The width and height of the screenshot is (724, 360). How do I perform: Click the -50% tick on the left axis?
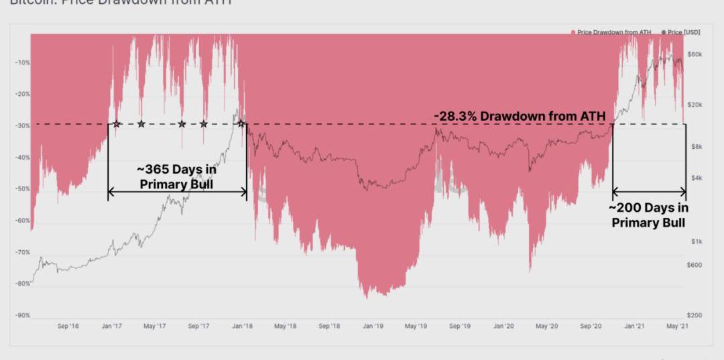tap(22, 189)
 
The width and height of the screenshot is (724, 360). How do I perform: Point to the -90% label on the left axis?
tap(22, 315)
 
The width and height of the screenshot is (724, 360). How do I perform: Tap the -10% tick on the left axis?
tap(22, 63)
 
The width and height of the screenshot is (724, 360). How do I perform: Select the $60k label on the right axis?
tap(696, 54)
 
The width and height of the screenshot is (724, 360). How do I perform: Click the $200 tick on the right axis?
tap(696, 315)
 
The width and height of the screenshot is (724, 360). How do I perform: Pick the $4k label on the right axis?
tap(695, 178)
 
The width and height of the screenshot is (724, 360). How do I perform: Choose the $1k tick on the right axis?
tap(695, 241)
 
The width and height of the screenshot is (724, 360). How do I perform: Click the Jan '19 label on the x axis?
tap(373, 326)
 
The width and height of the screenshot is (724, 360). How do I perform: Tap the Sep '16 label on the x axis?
tap(68, 326)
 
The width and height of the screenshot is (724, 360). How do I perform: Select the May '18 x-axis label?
tap(286, 326)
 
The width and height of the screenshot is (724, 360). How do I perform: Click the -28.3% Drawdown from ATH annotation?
tap(520, 116)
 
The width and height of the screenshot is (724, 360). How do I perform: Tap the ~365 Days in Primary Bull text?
tap(177, 176)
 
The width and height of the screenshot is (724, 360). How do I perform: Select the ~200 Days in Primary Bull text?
tap(649, 215)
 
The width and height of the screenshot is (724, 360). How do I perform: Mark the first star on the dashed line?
tap(117, 124)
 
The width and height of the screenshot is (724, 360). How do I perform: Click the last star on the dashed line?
tap(240, 124)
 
